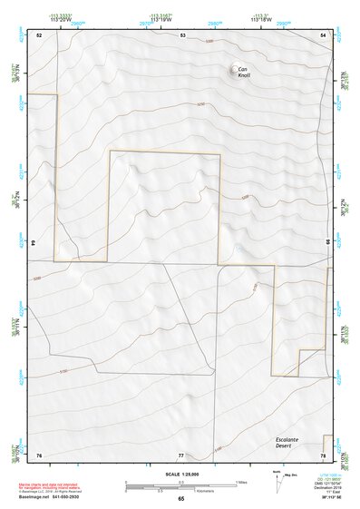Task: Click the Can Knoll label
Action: tap(244, 73)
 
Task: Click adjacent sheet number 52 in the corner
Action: tap(39, 34)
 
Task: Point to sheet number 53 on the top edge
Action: tap(181, 34)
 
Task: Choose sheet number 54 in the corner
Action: tap(324, 34)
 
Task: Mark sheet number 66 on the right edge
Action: tap(327, 243)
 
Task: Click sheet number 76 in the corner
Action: tap(39, 454)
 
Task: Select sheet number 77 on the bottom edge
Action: tap(181, 454)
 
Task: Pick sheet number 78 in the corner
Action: tap(324, 454)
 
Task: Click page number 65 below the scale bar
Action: tap(181, 498)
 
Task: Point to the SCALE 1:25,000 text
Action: tap(181, 474)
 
